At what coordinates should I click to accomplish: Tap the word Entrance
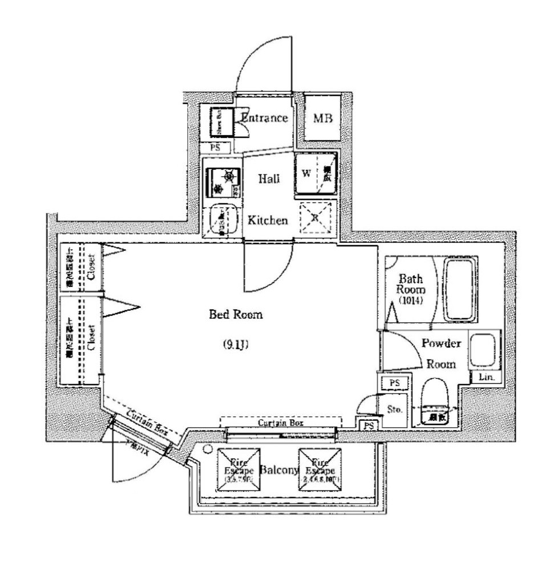point(264,118)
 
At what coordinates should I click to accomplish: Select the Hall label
point(269,179)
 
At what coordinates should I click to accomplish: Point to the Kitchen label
point(268,220)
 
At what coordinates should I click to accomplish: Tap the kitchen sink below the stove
point(221,221)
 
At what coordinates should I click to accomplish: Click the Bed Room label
point(236,314)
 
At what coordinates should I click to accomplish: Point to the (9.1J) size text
point(236,344)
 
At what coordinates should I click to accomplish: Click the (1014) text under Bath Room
point(410,300)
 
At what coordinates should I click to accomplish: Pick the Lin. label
point(486,378)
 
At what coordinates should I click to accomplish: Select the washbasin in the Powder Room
point(484,350)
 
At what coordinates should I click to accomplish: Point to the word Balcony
point(279,470)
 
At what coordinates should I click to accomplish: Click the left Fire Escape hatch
point(238,470)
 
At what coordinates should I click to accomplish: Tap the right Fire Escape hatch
point(320,470)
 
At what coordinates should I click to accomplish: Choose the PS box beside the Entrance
point(215,147)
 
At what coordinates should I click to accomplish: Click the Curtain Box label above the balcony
point(280,423)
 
